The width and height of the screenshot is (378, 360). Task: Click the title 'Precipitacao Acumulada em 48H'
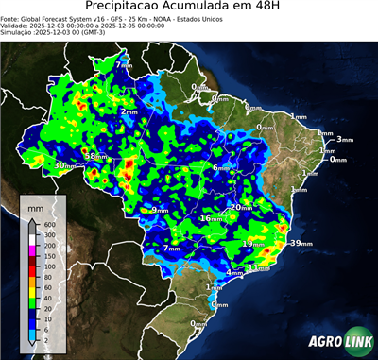189,9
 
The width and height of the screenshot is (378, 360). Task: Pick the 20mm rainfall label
242,208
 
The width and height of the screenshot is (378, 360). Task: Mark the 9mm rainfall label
159,210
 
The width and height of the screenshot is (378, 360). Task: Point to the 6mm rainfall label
219,168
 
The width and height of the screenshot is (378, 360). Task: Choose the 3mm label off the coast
344,140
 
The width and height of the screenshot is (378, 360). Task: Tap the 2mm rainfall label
128,112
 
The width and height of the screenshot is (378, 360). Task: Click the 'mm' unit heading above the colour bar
35,205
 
